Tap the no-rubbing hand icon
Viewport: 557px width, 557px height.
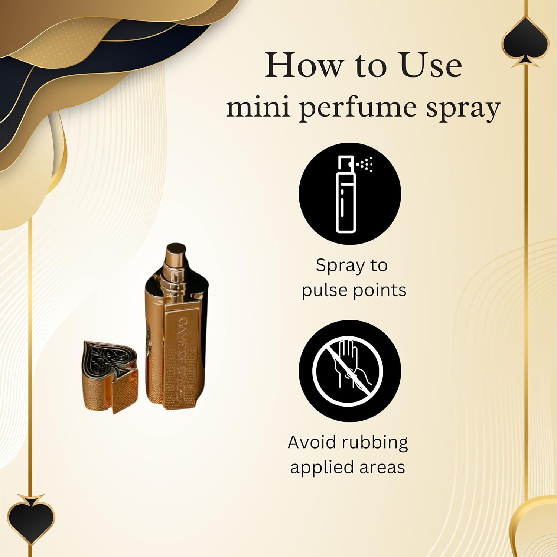coord(348,370)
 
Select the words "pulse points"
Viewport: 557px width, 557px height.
coord(354,290)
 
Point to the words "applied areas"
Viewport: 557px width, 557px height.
coord(348,468)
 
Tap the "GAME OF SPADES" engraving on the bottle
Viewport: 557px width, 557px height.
coord(180,358)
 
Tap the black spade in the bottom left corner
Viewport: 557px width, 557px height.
coord(31,518)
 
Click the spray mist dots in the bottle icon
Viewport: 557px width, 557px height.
coord(366,164)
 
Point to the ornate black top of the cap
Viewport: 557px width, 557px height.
coord(109,358)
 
